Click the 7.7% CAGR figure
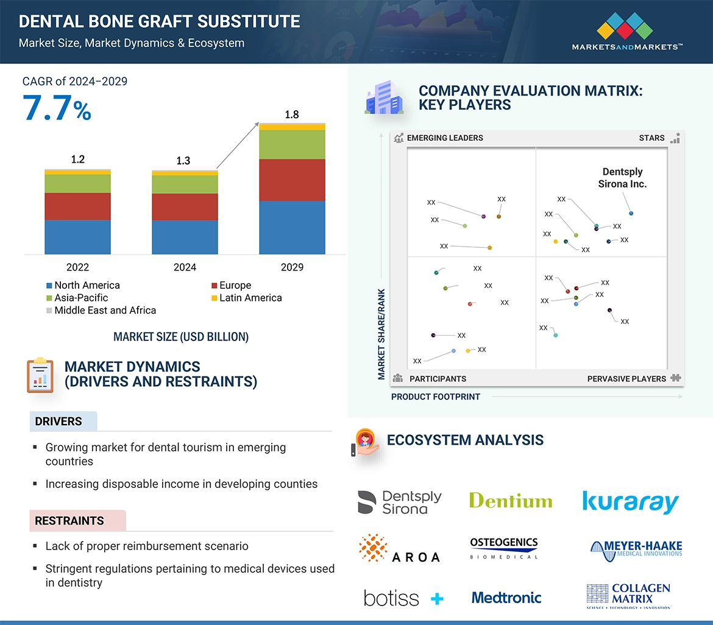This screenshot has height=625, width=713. click(57, 108)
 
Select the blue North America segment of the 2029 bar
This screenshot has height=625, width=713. click(292, 227)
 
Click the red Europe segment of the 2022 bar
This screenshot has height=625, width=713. click(77, 207)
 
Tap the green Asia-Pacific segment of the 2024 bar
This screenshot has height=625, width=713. click(185, 185)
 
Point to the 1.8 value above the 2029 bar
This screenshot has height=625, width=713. click(292, 115)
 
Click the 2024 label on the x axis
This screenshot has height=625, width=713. click(185, 267)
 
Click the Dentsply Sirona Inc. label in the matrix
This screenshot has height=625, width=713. click(622, 178)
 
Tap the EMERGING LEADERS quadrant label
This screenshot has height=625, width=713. click(444, 138)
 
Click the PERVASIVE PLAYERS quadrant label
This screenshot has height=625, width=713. click(626, 379)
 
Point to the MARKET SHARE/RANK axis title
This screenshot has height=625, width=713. click(381, 334)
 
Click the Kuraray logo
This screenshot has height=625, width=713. click(630, 502)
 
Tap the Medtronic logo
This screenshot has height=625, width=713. click(506, 598)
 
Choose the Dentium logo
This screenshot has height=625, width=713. click(511, 501)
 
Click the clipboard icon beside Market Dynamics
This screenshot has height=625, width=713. click(41, 375)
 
